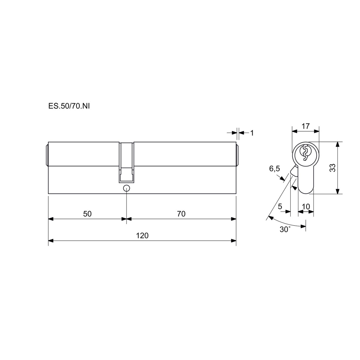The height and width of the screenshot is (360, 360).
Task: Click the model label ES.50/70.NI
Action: click(69, 106)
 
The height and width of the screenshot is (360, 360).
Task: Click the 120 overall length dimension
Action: click(142, 235)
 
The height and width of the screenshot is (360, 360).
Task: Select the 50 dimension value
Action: click(87, 214)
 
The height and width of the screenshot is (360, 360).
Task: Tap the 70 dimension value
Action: click(181, 214)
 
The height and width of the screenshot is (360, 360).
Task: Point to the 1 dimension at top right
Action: click(252, 133)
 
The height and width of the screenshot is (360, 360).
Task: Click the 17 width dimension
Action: click(306, 126)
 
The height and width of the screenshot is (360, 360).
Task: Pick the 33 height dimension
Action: click(333, 168)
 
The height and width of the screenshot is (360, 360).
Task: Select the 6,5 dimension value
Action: click(274, 169)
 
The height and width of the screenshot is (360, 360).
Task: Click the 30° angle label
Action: click(285, 229)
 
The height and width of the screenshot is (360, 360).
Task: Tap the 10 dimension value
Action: click(306, 206)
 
